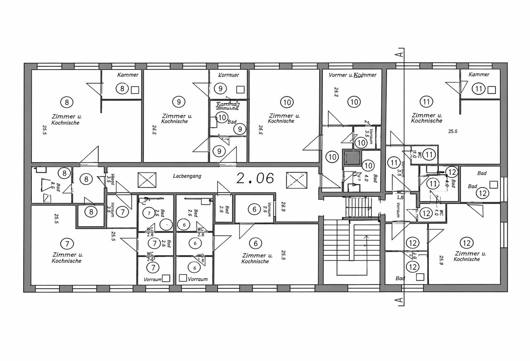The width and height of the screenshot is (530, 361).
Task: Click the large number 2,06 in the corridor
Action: pyautogui.click(x=255, y=178)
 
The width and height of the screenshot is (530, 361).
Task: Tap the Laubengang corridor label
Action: pyautogui.click(x=187, y=176)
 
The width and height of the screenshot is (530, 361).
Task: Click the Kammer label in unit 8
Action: pyautogui.click(x=128, y=75)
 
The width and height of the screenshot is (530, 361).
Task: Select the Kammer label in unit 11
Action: pyautogui.click(x=479, y=74)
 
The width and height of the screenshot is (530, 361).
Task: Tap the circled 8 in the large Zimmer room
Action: pyautogui.click(x=67, y=102)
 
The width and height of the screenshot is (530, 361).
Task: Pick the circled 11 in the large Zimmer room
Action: pyautogui.click(x=426, y=102)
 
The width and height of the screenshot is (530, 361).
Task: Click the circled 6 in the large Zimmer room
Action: pyautogui.click(x=256, y=243)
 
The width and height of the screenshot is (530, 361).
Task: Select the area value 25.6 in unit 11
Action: pyautogui.click(x=453, y=132)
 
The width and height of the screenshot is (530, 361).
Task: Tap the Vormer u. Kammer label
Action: pyautogui.click(x=352, y=75)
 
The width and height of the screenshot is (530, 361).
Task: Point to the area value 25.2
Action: pyautogui.click(x=336, y=92)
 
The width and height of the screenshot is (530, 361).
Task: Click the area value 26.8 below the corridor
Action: pyautogui.click(x=283, y=206)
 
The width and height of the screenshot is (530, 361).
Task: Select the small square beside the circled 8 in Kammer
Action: pyautogui.click(x=135, y=90)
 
